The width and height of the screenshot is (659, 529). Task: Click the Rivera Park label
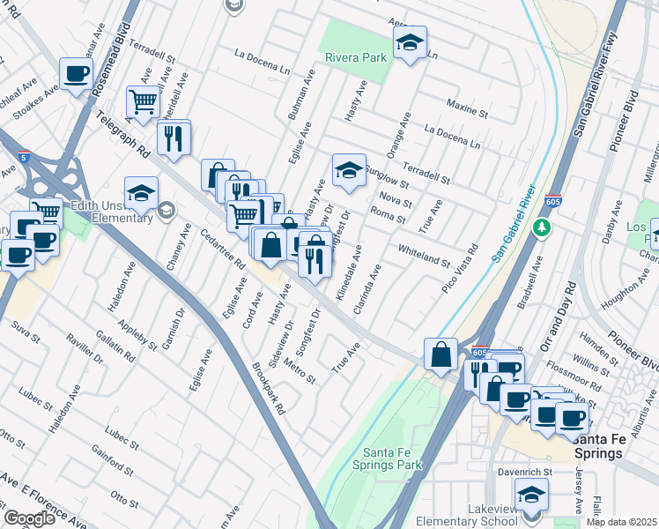point(356,57)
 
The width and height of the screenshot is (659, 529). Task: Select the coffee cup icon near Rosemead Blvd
point(76,75)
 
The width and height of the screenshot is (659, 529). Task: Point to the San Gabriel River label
point(514,224)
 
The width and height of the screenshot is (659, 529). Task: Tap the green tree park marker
point(541,227)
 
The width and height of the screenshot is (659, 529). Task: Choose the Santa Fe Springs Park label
point(387,458)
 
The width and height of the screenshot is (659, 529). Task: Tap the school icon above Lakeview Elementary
point(531,496)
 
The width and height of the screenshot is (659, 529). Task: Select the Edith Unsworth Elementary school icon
point(141,193)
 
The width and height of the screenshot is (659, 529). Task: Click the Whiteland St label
point(424,257)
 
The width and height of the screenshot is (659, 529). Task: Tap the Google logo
point(29,518)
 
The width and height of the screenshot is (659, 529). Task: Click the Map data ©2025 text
point(621,522)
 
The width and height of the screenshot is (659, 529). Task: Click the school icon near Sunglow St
point(349,170)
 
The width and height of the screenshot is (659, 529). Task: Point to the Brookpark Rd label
point(270,390)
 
